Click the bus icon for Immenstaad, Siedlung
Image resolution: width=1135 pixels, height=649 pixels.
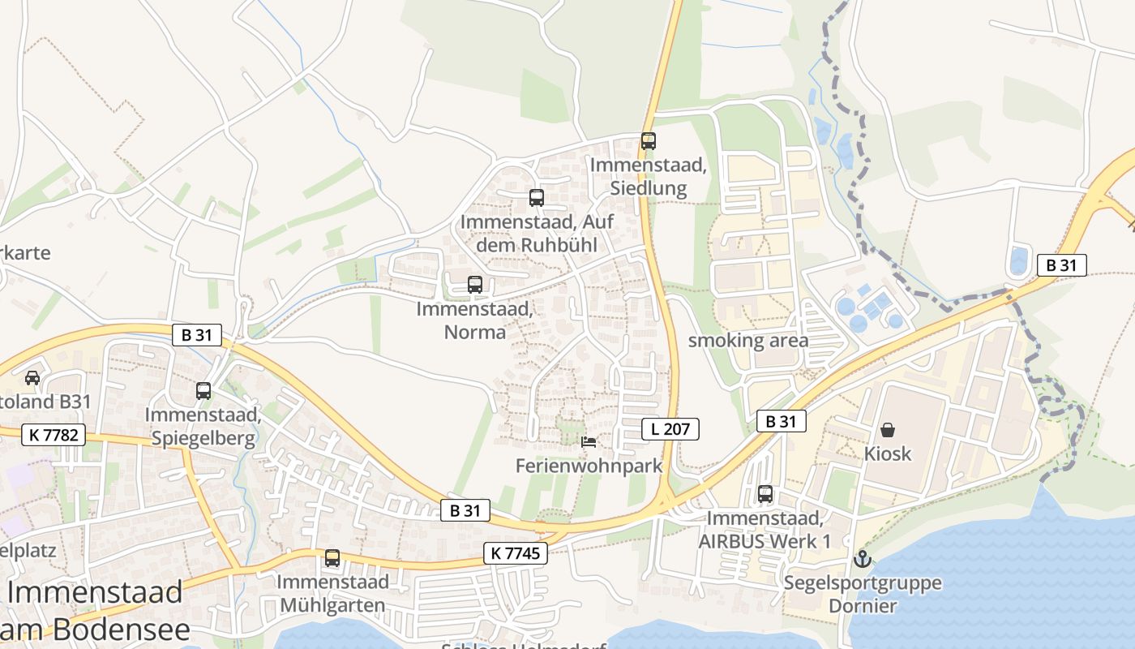[648, 140]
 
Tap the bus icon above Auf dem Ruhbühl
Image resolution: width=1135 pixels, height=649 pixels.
[536, 197]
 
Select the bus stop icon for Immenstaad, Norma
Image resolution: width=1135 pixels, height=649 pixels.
[475, 285]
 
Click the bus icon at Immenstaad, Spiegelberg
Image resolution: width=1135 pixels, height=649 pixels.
[203, 391]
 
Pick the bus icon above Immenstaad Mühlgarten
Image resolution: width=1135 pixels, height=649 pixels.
[332, 558]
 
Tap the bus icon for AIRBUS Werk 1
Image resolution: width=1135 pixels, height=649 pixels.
[765, 493]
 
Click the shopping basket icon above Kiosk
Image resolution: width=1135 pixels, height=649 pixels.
[888, 429]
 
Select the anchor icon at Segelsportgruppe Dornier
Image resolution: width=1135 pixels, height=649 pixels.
[863, 558]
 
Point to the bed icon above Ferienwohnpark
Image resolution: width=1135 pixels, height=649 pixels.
[589, 442]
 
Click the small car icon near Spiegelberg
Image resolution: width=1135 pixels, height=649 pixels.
[32, 377]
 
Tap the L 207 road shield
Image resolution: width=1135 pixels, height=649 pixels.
[670, 429]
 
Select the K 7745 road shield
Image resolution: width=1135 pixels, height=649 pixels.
[516, 553]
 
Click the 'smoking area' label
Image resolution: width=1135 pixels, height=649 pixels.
[747, 341]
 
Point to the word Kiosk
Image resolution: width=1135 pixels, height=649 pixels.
[888, 453]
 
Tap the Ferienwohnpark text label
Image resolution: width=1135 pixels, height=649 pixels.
[589, 466]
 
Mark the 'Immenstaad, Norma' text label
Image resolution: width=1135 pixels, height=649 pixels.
[474, 320]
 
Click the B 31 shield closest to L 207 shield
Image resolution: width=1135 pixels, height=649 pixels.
[781, 421]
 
